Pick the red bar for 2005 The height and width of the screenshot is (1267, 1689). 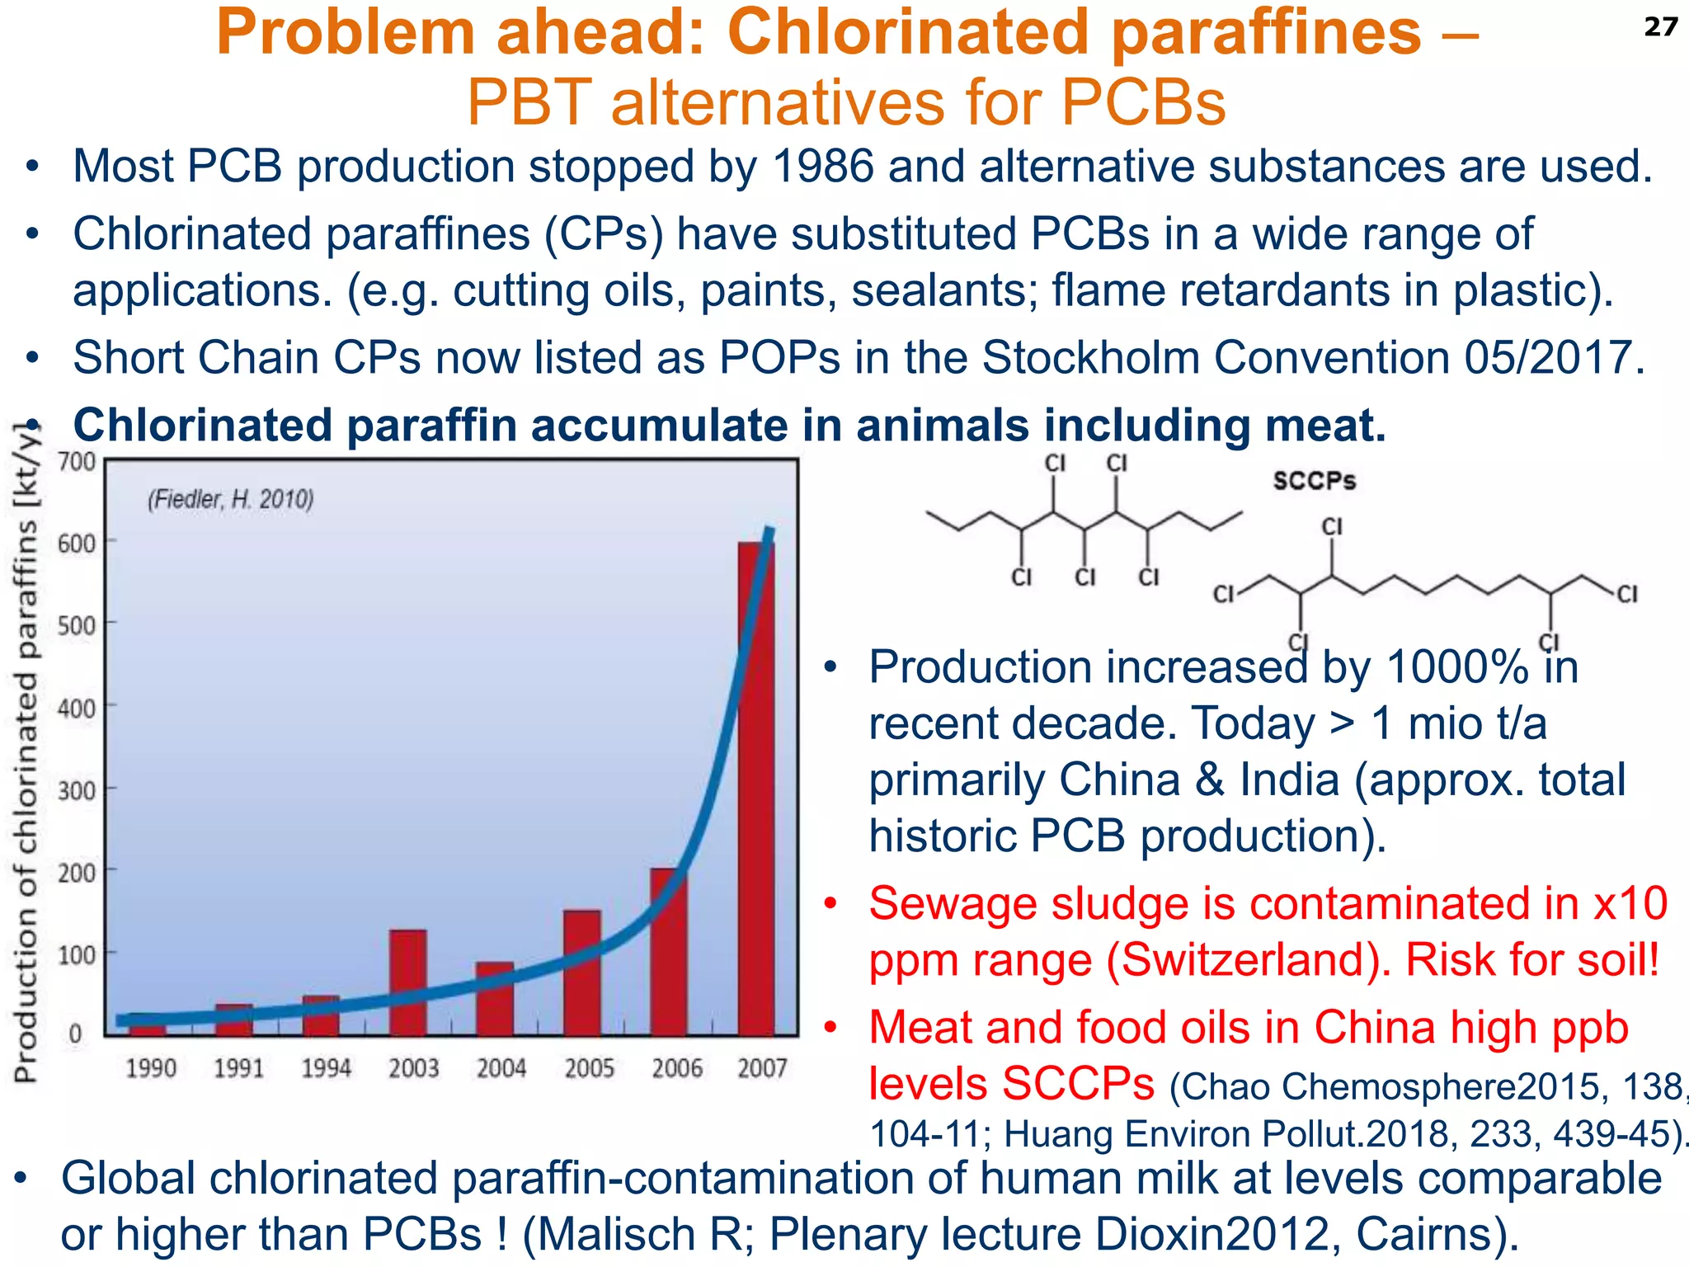tap(582, 973)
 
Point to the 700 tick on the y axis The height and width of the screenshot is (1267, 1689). tap(77, 461)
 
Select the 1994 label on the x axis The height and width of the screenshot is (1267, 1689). tap(326, 1068)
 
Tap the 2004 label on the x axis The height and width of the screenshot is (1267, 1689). tap(501, 1068)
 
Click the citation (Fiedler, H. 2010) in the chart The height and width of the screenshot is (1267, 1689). tap(231, 499)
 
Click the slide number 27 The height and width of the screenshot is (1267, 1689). tap(1660, 27)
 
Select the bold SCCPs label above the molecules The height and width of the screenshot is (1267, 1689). tap(1314, 481)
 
